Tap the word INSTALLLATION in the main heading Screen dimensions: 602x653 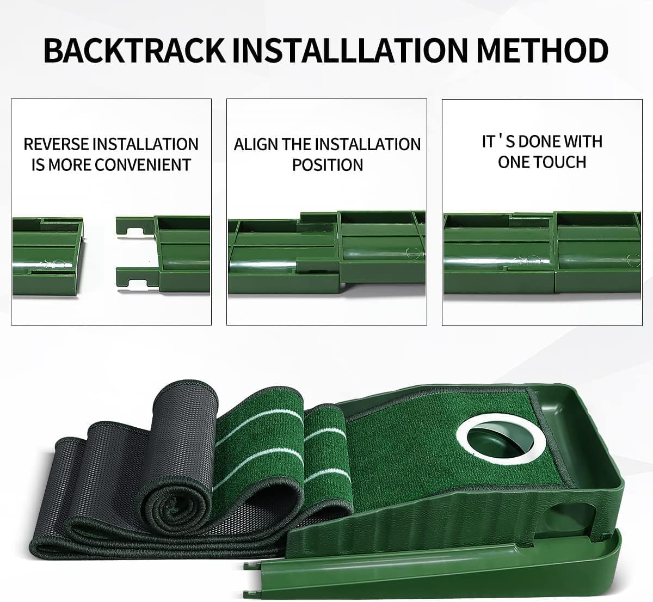[x=350, y=50]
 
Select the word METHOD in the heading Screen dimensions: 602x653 [x=542, y=50]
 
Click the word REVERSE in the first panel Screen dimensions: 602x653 [x=56, y=144]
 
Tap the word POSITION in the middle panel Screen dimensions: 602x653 [x=327, y=164]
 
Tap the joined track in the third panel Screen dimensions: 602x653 [x=542, y=253]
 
